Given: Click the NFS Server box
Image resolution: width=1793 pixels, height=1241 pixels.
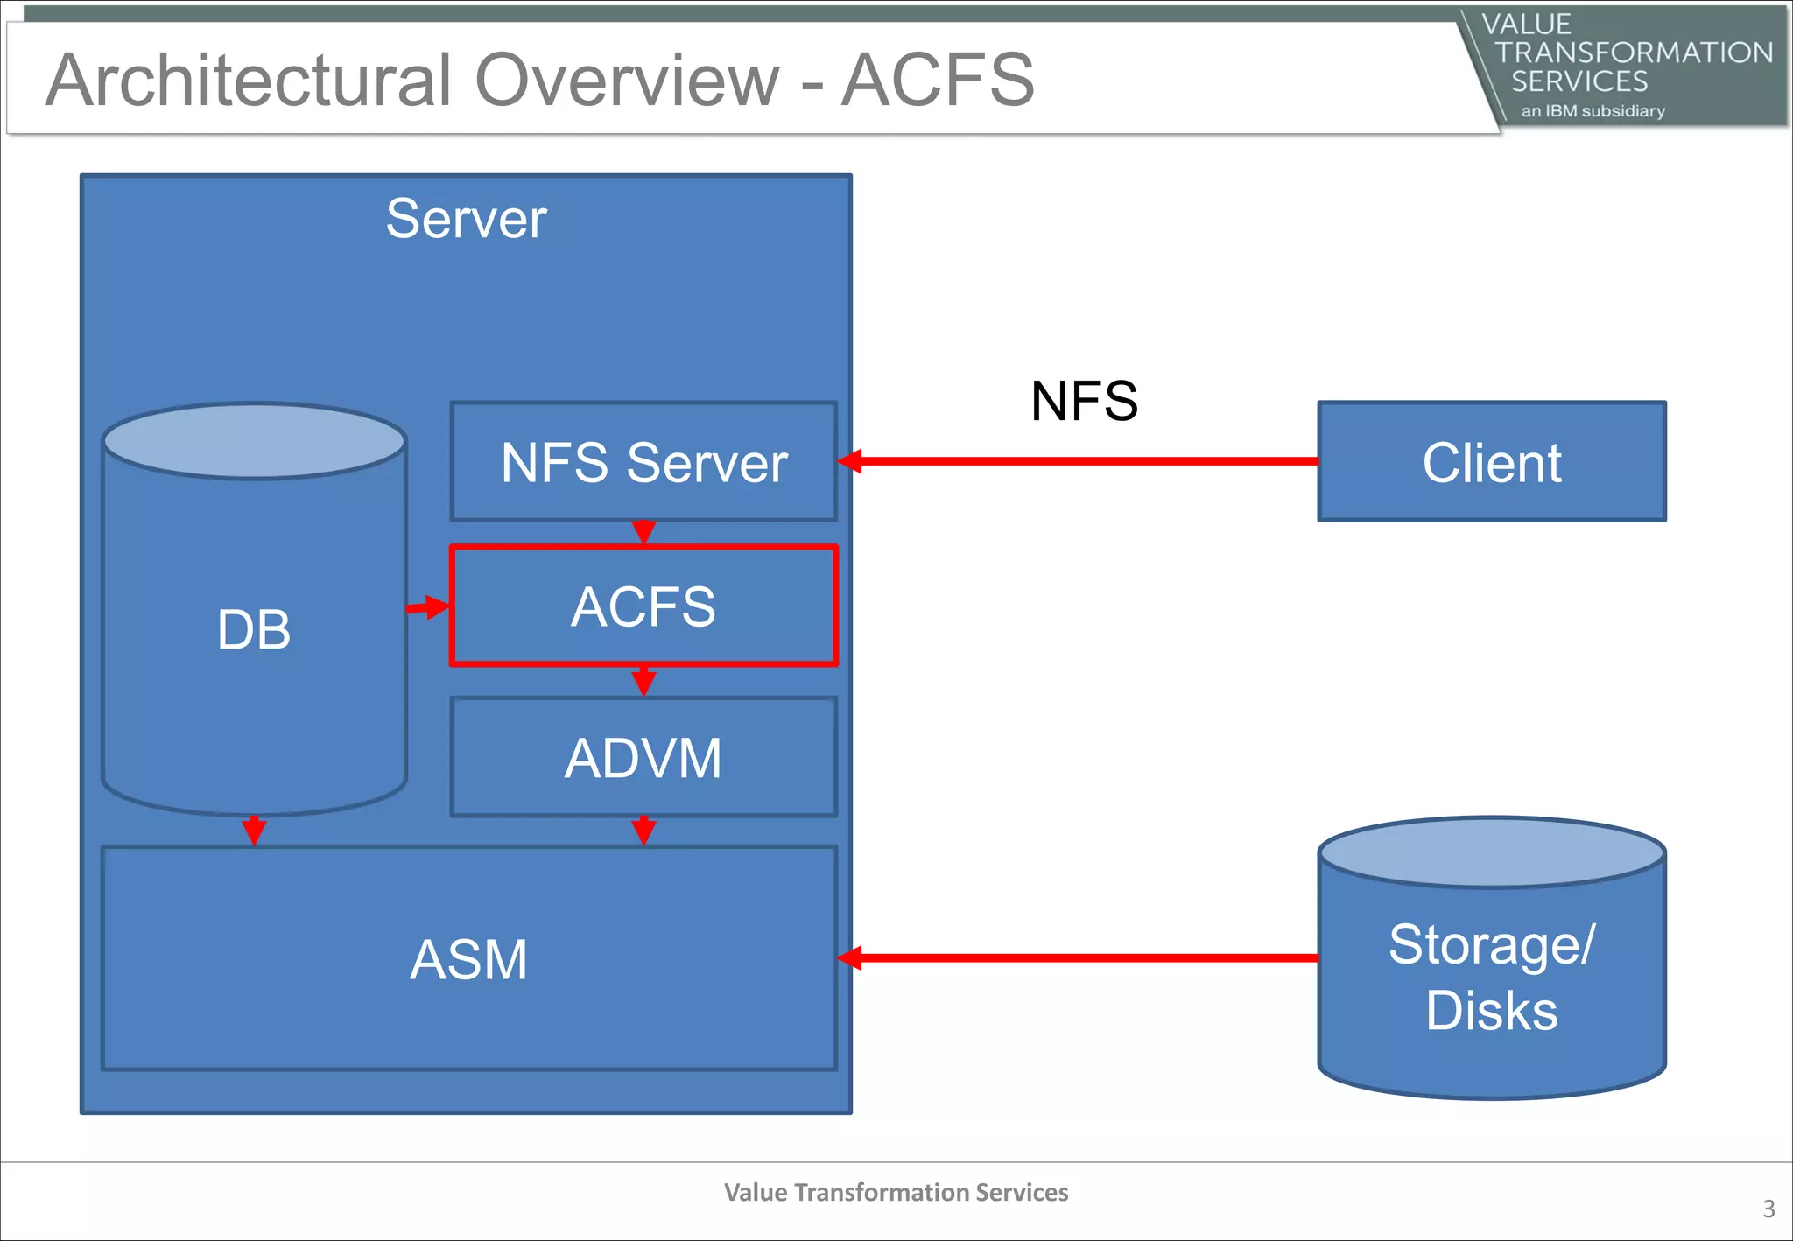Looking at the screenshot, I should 643,462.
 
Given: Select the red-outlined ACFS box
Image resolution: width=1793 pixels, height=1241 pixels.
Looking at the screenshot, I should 643,606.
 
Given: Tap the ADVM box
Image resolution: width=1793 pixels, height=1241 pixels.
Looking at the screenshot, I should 643,757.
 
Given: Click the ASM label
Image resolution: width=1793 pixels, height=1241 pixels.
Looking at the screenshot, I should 469,959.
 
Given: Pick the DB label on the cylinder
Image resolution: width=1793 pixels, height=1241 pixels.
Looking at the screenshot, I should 254,629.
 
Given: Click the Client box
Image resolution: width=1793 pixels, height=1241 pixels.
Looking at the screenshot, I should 1491,462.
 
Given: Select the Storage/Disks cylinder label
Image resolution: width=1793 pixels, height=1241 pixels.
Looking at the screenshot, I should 1491,978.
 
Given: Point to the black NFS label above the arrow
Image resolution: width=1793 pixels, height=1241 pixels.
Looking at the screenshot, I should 1084,402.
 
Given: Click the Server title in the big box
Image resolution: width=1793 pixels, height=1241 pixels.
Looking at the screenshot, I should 466,219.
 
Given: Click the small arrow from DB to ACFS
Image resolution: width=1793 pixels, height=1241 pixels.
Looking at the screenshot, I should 428,606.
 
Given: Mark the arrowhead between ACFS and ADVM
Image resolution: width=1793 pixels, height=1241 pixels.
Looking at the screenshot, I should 643,681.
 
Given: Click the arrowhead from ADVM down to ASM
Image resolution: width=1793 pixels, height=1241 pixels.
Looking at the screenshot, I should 643,831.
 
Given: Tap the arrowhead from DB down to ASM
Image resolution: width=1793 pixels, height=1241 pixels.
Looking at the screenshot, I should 254,830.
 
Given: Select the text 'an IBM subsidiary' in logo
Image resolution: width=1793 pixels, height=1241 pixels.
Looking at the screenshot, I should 1593,111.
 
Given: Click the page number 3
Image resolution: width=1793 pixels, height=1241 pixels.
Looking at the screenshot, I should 1768,1209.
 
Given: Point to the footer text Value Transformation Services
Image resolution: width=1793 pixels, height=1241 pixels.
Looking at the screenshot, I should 896,1192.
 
